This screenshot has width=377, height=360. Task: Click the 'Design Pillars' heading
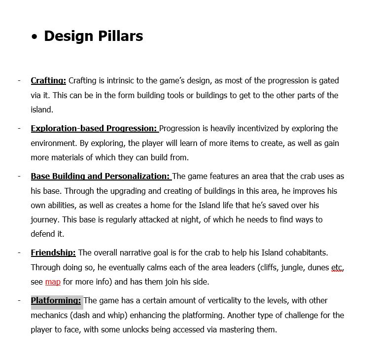tap(93, 36)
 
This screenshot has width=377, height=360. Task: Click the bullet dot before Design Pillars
tap(34, 37)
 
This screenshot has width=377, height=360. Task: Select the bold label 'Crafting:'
tap(48, 80)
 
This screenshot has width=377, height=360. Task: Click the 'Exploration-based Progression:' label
tap(94, 128)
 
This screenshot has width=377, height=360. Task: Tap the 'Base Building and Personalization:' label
tap(101, 176)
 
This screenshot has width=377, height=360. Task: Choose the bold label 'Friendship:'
tap(53, 252)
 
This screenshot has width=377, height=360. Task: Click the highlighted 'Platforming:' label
tap(56, 300)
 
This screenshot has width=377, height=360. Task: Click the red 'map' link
tap(53, 282)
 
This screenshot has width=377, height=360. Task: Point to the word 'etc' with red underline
tap(337, 267)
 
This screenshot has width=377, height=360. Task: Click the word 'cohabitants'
tap(306, 252)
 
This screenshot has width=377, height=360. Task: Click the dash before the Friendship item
tap(19, 252)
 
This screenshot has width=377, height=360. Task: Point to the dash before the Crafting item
tap(19, 80)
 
